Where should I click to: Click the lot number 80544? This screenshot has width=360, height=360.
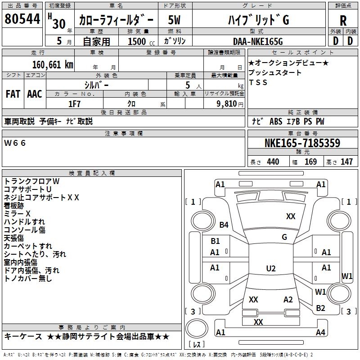pos(22,19)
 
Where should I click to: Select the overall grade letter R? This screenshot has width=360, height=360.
pos(343,21)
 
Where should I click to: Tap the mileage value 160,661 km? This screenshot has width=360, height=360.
pos(53,65)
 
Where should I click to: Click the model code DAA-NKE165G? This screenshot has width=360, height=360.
pos(258,41)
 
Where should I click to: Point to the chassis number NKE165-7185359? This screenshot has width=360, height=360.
pos(302,143)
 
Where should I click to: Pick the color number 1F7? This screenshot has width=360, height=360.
pos(74,104)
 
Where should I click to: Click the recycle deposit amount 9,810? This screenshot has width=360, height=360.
pos(227,103)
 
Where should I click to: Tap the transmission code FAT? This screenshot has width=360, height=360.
pos(13,94)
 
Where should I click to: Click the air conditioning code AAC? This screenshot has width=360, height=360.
pos(35,94)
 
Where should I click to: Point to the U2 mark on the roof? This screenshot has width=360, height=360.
pos(271,268)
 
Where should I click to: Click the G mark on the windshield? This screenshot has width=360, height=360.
pos(284,237)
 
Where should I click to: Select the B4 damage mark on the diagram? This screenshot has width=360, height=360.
pos(224,225)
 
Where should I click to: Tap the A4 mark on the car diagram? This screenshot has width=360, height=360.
pos(320,332)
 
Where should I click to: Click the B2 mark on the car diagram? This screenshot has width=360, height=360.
pos(320,308)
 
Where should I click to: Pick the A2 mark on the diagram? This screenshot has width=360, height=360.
pos(288,299)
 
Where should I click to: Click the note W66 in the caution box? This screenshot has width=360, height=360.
pos(15,143)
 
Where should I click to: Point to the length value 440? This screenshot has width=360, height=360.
pos(273,162)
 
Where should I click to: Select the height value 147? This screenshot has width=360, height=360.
pos(346,162)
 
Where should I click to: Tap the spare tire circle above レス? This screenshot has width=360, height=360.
pos(197,318)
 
